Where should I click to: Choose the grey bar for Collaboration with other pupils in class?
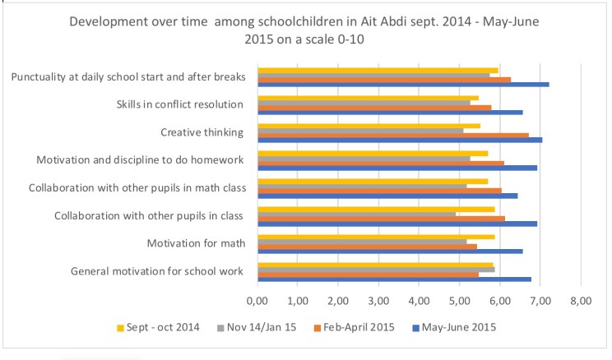point(356,214)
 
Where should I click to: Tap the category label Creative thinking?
point(202,132)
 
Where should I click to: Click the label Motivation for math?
point(196,243)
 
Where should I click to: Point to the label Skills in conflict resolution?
point(180,104)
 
